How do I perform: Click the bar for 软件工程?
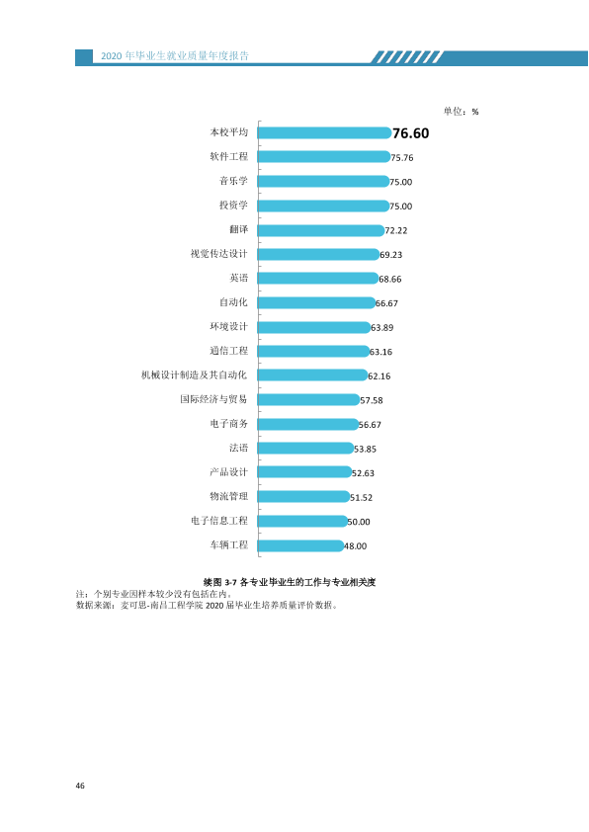tap(324, 156)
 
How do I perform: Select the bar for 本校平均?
tap(325, 132)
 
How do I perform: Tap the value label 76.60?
tap(411, 133)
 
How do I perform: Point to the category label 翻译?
tap(239, 229)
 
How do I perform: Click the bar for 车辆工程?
tap(300, 545)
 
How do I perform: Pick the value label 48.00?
tap(356, 546)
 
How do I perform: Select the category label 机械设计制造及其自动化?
tap(195, 375)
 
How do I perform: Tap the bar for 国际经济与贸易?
tap(308, 399)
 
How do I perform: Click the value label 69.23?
tap(391, 255)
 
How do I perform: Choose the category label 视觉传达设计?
tap(219, 254)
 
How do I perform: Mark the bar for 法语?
tap(305, 449)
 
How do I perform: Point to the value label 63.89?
tap(382, 328)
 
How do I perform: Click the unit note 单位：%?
tap(462, 112)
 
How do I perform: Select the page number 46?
tap(80, 786)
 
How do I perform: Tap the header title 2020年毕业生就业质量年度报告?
tap(175, 55)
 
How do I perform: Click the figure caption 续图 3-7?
tap(220, 582)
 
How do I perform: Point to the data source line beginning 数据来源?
tap(207, 605)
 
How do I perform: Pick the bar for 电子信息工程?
tap(302, 521)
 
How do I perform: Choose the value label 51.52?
tap(362, 498)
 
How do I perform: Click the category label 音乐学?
tap(233, 181)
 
